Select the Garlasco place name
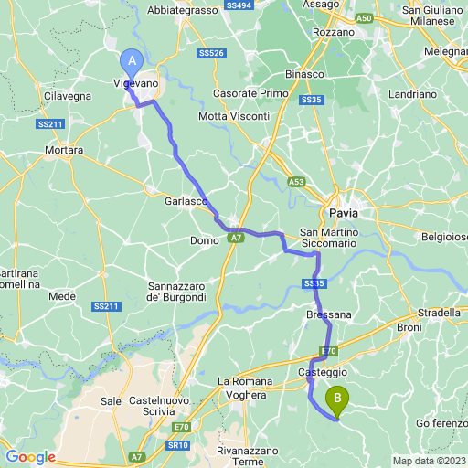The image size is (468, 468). [185, 200]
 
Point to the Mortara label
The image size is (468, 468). [64, 149]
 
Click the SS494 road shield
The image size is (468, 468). [238, 5]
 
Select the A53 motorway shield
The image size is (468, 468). [296, 182]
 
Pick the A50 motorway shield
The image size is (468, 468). [365, 17]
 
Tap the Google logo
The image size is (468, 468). [30, 457]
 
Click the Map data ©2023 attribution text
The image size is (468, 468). [429, 460]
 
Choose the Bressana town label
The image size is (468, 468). [327, 314]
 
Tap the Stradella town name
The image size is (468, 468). [440, 312]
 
